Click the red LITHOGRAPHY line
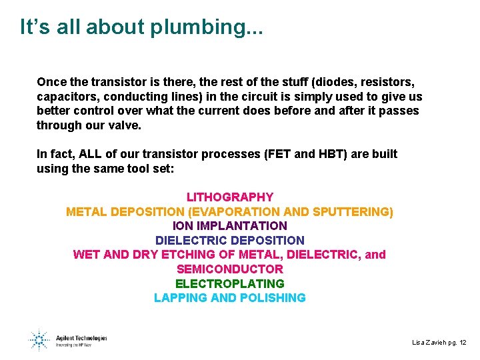click(229, 197)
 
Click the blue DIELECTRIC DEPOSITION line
click(229, 241)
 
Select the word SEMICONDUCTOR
click(229, 269)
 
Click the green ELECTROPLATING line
click(229, 284)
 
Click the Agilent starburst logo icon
click(39, 340)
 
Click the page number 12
click(463, 343)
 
